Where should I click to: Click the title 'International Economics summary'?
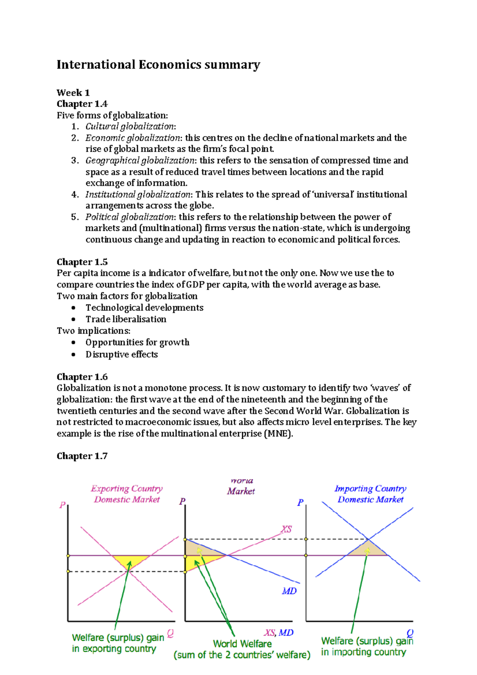click(158, 65)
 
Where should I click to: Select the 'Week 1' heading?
click(73, 93)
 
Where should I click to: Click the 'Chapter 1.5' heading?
click(82, 262)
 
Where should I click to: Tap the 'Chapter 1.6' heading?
click(82, 377)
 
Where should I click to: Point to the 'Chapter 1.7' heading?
click(82, 456)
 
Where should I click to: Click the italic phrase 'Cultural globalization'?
click(130, 126)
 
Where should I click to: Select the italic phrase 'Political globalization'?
click(130, 217)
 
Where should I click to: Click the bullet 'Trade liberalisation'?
click(126, 319)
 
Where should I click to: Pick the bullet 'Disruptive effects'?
click(122, 354)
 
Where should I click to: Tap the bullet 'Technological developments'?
click(144, 308)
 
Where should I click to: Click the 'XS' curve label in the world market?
click(286, 529)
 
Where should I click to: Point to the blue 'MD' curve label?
click(289, 591)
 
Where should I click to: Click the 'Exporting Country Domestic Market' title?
click(127, 494)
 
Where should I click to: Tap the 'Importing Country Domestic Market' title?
click(370, 494)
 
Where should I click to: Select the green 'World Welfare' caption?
click(242, 644)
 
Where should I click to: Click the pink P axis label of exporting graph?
click(62, 505)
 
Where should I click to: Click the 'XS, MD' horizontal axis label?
click(279, 632)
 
